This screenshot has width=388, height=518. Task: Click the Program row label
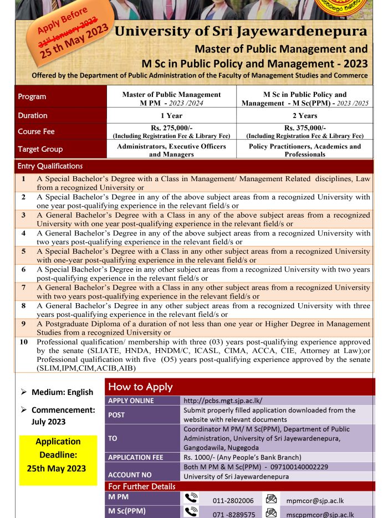click(32, 96)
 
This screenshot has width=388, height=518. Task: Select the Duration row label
click(33, 116)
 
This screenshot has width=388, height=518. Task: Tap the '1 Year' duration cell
click(171, 116)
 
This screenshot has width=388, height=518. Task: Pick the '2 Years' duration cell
click(305, 116)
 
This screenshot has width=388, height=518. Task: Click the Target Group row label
click(40, 149)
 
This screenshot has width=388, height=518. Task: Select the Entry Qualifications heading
click(50, 166)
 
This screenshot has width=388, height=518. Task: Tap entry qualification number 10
click(24, 342)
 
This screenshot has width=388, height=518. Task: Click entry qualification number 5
click(24, 251)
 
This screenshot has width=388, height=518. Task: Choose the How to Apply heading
click(140, 387)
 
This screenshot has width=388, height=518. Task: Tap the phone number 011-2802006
click(233, 500)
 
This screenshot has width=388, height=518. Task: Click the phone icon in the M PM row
click(191, 499)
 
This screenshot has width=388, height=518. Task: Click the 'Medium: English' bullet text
click(62, 392)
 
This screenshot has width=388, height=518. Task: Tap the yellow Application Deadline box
click(58, 455)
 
